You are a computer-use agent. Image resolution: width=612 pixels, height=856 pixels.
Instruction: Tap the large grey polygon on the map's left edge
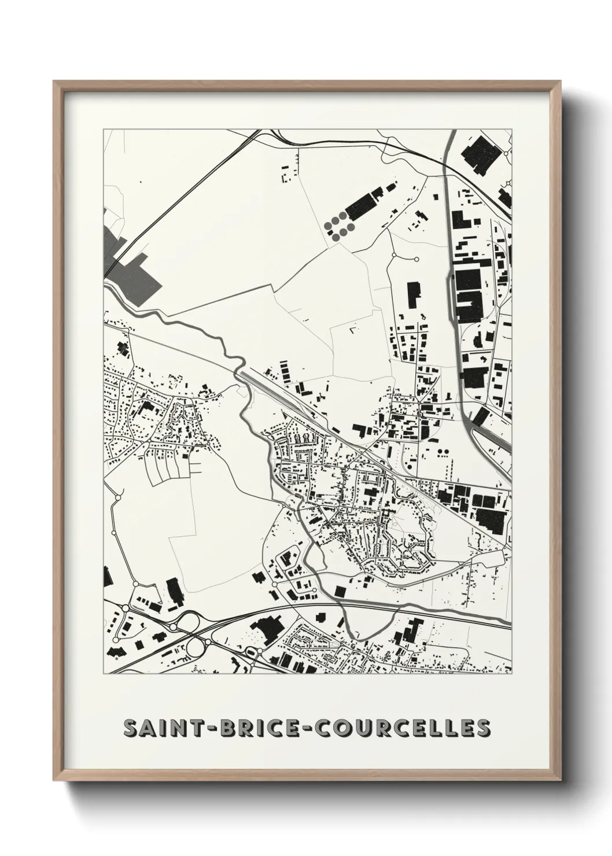click(x=130, y=266)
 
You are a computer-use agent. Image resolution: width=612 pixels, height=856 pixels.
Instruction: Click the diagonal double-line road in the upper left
click(x=174, y=208)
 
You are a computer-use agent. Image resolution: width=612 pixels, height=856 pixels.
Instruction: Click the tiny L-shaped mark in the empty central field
click(x=351, y=330)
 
